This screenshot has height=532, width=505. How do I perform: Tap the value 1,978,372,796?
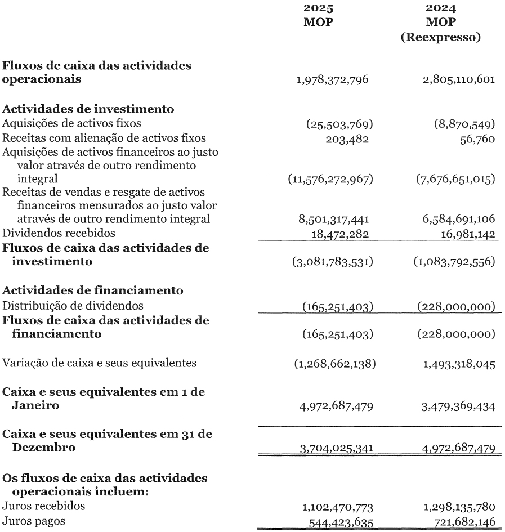pyautogui.click(x=332, y=79)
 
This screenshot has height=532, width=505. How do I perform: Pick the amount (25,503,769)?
pyautogui.click(x=336, y=123)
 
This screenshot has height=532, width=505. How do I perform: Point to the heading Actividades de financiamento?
pyautogui.click(x=93, y=291)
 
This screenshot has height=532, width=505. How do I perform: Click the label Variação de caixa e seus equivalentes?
pyautogui.click(x=100, y=363)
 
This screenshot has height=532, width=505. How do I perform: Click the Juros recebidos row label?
pyautogui.click(x=44, y=506)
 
